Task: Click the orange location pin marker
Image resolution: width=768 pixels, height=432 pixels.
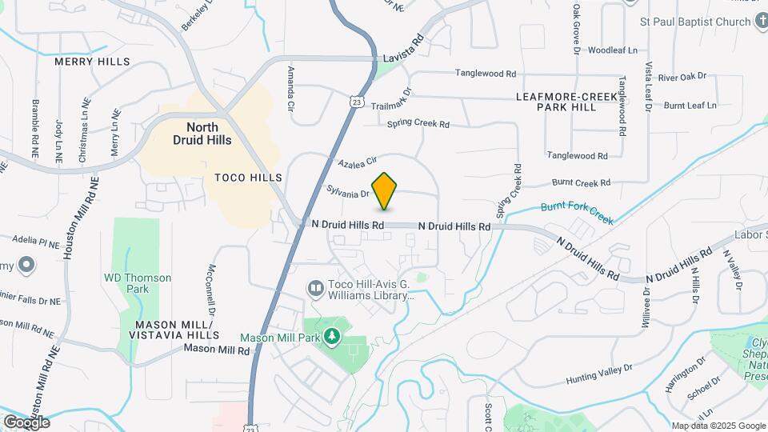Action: click(385, 190)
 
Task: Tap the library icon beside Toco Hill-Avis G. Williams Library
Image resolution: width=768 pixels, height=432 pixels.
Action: click(316, 287)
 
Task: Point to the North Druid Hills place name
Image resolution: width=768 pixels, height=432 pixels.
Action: click(202, 134)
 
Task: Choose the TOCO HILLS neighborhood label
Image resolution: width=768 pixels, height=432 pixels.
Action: click(248, 177)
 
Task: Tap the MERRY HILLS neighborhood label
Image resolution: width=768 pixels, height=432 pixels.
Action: click(92, 62)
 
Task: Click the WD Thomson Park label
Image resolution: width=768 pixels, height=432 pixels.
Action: click(138, 283)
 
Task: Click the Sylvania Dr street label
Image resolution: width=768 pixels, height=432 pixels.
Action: click(348, 192)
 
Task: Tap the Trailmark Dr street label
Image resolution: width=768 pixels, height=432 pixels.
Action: click(390, 104)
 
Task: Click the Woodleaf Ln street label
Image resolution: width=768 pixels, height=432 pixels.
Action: click(613, 50)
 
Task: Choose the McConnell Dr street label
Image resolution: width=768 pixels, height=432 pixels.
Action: click(213, 290)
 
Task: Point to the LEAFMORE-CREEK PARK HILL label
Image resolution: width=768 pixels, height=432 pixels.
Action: click(566, 102)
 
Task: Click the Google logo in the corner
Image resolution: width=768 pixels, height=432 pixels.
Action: click(26, 422)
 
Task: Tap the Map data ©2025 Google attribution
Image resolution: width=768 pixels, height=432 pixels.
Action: click(718, 426)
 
